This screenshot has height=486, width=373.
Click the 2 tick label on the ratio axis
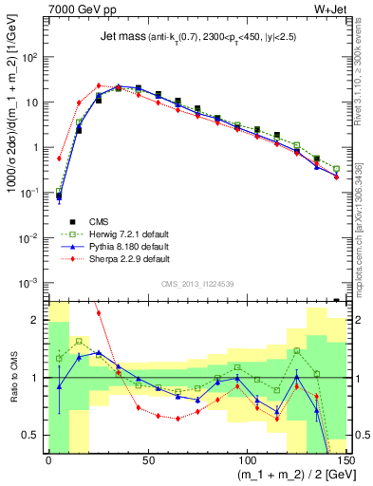38,321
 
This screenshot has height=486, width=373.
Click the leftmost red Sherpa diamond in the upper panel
59,159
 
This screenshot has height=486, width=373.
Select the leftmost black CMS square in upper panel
59,196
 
